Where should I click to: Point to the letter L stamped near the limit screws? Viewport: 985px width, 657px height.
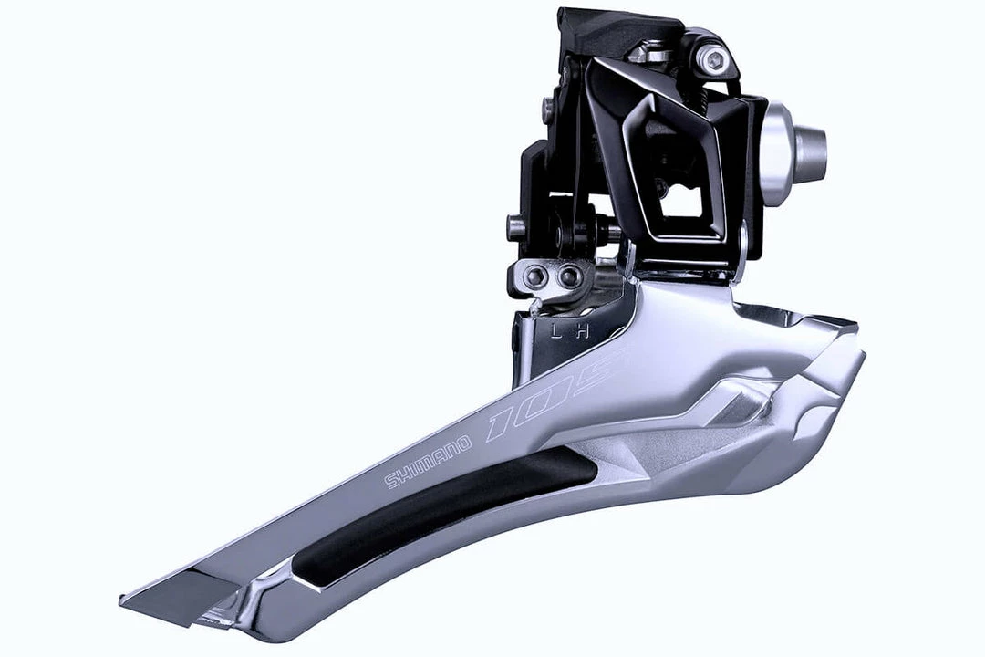click(x=555, y=331)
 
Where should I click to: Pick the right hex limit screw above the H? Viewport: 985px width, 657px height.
click(x=568, y=275)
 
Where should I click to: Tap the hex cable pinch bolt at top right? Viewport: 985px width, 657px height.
click(x=713, y=61)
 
